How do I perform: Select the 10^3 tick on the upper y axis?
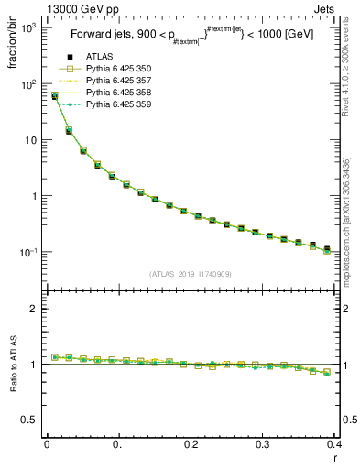tap(28, 28)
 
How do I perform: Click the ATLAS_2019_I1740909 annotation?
tap(191, 274)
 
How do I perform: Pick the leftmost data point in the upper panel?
tap(54, 96)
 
